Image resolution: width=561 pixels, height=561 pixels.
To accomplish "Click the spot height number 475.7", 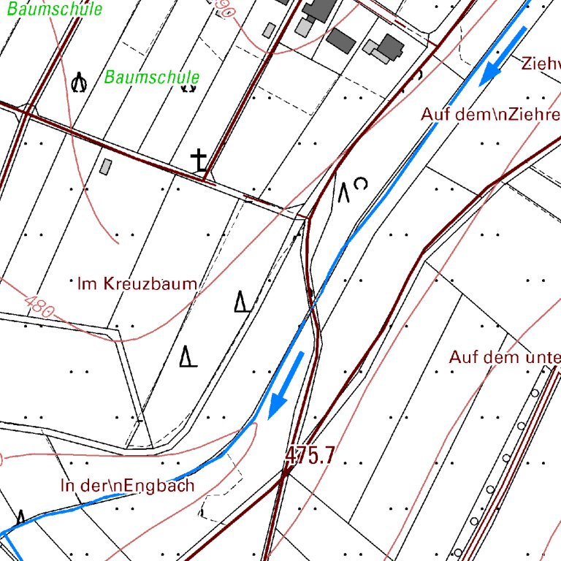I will [310, 456].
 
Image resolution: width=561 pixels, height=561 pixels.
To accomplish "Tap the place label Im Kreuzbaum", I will [137, 283].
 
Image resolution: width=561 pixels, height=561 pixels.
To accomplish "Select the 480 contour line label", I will [39, 306].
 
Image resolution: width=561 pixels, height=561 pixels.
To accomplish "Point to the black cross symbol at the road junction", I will [199, 160].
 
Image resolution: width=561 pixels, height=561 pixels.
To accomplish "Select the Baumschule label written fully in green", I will [152, 77].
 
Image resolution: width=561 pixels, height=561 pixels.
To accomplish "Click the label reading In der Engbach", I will [128, 485].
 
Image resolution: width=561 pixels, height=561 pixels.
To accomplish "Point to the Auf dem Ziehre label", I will [490, 115].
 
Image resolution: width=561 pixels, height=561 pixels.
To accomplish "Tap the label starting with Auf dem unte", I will [505, 357].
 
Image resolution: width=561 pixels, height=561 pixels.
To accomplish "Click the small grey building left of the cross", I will [106, 167].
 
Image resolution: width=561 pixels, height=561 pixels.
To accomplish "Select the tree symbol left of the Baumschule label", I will [79, 83].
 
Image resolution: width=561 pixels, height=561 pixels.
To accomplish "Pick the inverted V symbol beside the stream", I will [343, 193].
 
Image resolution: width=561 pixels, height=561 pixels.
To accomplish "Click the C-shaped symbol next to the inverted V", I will [360, 183].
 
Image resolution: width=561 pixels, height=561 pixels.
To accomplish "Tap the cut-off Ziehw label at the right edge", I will [541, 62].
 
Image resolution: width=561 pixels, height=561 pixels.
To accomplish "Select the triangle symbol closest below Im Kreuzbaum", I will [242, 302].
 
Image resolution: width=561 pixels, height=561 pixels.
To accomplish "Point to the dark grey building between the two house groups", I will [339, 39].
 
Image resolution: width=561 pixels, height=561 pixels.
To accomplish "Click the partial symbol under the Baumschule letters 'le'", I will [188, 87].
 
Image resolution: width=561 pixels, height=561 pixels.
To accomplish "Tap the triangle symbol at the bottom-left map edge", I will [20, 517].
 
